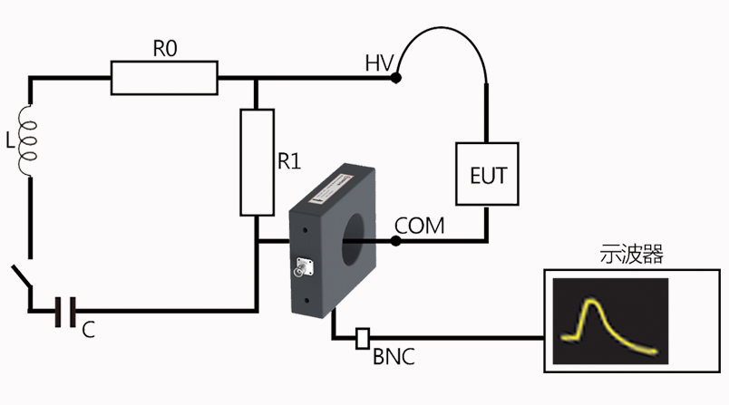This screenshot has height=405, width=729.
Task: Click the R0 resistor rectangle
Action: point(164,78)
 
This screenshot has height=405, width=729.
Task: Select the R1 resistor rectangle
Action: point(258,162)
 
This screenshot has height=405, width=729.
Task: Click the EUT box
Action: point(486,175)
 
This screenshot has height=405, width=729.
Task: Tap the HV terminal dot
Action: point(396,79)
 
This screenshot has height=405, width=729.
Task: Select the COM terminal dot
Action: point(395,241)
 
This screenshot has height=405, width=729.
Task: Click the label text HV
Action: point(378,63)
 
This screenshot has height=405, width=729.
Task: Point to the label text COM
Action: point(420,224)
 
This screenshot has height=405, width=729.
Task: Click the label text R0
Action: point(164,50)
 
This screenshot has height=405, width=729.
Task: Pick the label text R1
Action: point(289,162)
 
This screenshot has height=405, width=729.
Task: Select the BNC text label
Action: point(394,356)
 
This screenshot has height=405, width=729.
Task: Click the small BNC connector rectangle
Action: point(364,339)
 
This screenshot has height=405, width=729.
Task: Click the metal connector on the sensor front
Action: point(299,270)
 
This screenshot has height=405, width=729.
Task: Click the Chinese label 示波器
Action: point(633,254)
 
